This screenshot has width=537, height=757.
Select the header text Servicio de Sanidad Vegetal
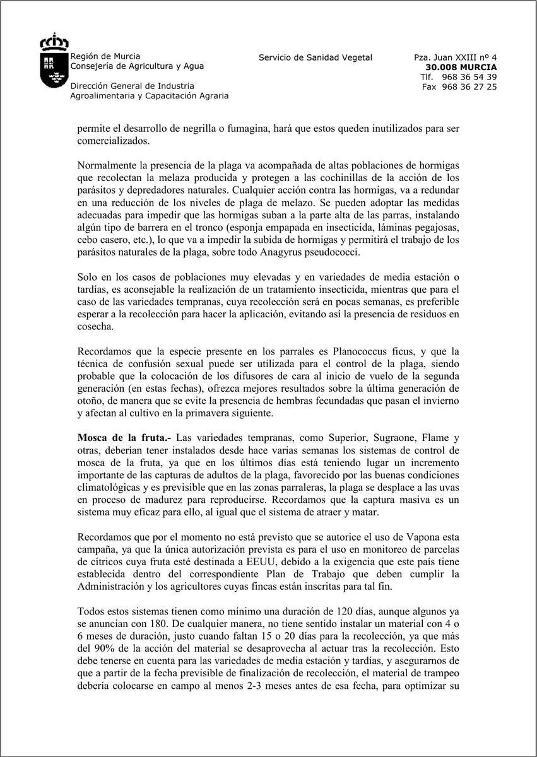[315, 57]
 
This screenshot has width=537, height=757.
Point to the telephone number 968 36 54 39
[468, 77]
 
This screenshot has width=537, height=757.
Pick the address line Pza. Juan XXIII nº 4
[455, 57]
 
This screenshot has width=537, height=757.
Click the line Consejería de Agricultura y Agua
[137, 66]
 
